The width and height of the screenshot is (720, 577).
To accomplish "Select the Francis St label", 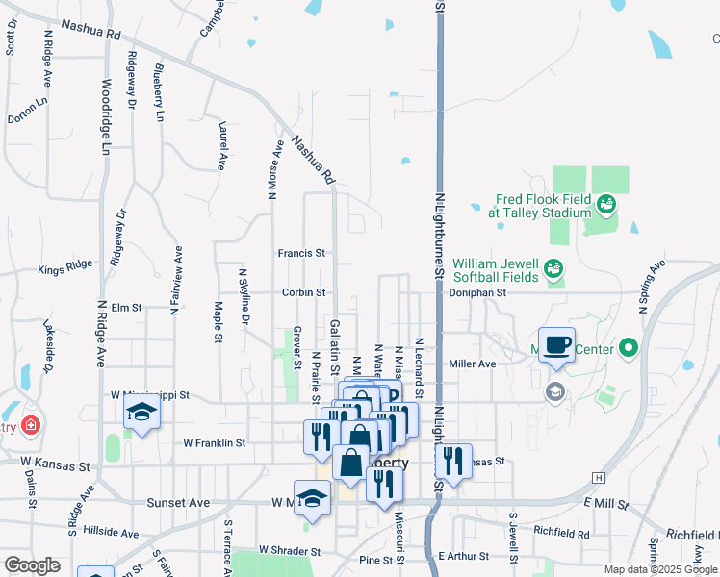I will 301,253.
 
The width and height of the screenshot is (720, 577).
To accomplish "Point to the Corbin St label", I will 304,291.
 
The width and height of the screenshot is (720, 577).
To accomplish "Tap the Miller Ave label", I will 473,364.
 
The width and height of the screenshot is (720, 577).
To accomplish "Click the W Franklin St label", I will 215,443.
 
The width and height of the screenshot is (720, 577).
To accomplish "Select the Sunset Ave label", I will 178,502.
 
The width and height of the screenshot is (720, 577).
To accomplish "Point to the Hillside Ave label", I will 111,532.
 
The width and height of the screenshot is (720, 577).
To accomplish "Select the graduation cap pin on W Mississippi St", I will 142,413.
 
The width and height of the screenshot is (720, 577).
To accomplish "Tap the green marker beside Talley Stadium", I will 605,203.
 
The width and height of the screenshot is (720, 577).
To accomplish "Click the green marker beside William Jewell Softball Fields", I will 553,268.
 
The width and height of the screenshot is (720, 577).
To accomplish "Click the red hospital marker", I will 32,424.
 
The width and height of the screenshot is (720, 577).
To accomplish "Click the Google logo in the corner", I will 32,565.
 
